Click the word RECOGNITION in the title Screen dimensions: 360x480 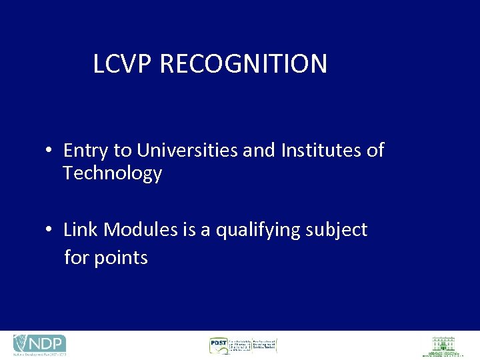(x=243, y=64)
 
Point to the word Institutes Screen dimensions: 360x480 (x=322, y=151)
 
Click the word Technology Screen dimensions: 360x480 (x=112, y=173)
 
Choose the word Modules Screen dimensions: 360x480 (x=138, y=230)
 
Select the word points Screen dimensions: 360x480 (x=121, y=258)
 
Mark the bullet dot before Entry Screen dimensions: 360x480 (x=49, y=151)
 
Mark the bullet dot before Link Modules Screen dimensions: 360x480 (x=49, y=231)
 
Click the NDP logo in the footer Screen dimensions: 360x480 (x=39, y=345)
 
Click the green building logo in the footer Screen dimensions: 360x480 (x=442, y=345)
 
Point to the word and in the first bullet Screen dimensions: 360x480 (x=259, y=151)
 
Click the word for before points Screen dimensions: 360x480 (x=77, y=257)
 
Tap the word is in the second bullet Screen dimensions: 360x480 (x=188, y=230)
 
